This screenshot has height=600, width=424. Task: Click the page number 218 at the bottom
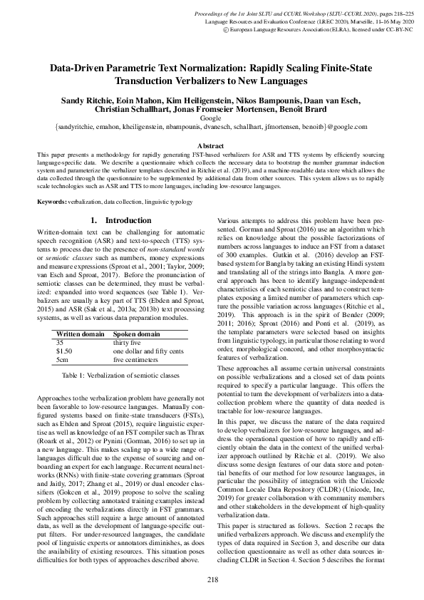212,579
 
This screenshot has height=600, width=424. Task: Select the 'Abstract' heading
212,145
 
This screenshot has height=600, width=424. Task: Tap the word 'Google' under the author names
212,118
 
